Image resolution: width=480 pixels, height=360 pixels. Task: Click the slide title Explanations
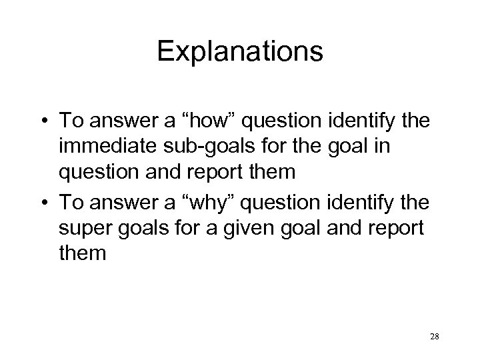click(240, 51)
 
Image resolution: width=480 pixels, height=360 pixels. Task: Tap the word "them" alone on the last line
click(82, 253)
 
